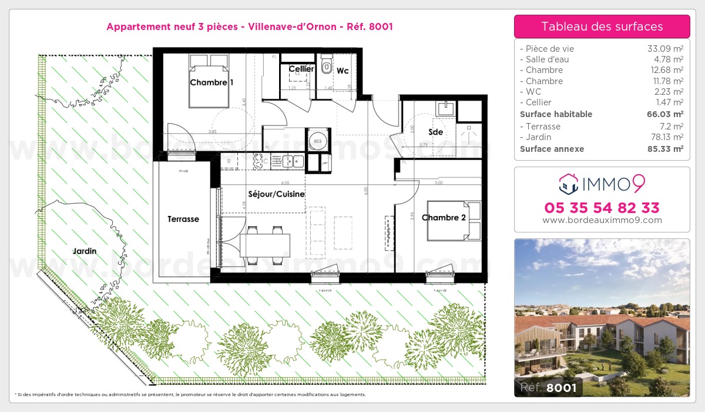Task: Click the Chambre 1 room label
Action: point(211,83)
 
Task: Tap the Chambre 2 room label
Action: point(444,218)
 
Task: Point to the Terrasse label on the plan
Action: point(183,219)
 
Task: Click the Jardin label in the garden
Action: point(85,251)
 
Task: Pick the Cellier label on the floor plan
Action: point(301,69)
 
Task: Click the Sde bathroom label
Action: point(435,132)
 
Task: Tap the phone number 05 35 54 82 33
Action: point(602,208)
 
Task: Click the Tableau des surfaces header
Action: point(602,26)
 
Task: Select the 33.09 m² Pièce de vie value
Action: point(664,49)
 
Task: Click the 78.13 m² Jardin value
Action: point(664,137)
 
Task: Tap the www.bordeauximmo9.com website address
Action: point(602,221)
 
